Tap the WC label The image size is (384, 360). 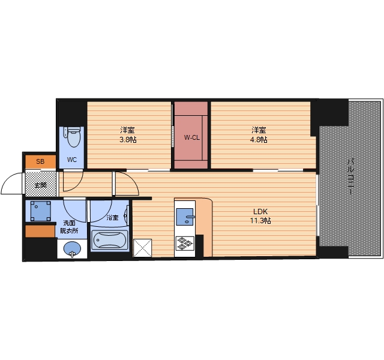[x=72, y=160]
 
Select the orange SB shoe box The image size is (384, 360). [x=41, y=162]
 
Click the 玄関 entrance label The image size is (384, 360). [x=40, y=185]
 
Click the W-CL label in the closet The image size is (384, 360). [x=192, y=137]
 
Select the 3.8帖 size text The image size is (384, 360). [x=128, y=140]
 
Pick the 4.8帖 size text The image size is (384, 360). [x=259, y=140]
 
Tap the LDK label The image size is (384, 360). [x=260, y=211]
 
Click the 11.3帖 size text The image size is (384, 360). [x=260, y=221]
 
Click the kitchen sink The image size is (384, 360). [x=185, y=217]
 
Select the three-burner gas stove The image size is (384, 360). [x=185, y=244]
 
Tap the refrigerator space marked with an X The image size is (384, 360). [x=143, y=248]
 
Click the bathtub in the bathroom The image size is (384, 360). [x=109, y=240]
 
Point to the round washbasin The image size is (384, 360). [x=72, y=249]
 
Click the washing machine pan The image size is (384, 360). [x=41, y=211]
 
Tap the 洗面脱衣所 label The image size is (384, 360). [x=70, y=227]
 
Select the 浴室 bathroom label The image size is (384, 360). [x=113, y=217]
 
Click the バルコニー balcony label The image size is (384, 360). [x=351, y=176]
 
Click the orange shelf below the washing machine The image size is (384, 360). [x=40, y=232]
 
